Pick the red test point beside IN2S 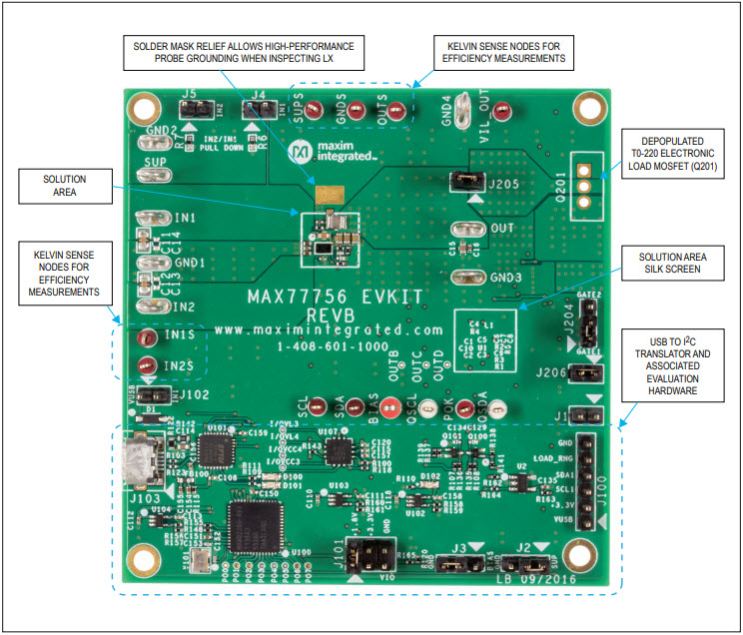(x=147, y=365)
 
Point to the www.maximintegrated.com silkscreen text (x=329, y=328)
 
